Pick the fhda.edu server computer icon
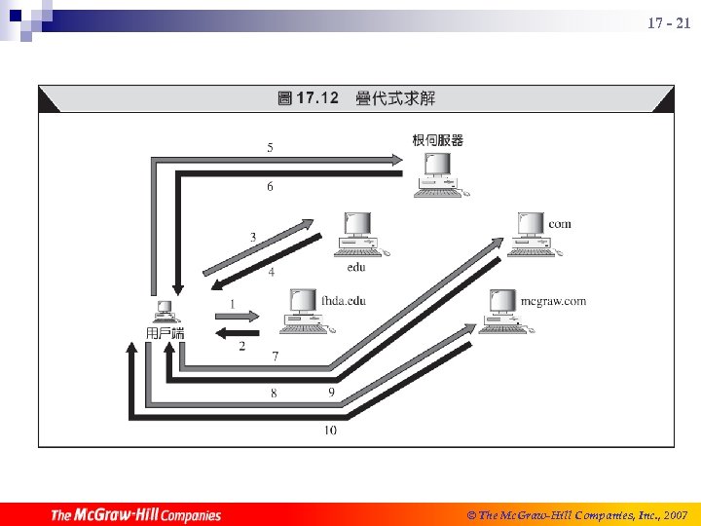point(303,309)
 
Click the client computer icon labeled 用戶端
point(165,313)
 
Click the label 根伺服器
point(438,140)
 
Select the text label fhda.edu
point(344,301)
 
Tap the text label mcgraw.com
point(553,301)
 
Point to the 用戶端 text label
point(165,333)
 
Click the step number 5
point(270,147)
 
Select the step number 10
point(330,430)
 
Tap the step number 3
point(253,237)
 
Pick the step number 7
point(276,357)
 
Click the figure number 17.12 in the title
point(316,97)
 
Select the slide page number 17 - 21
point(668,22)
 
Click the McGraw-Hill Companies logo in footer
point(136,515)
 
